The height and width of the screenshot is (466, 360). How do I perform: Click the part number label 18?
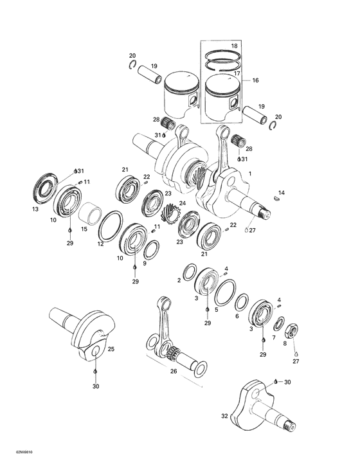(x=234, y=46)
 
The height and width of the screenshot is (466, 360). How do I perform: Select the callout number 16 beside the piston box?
(x=255, y=80)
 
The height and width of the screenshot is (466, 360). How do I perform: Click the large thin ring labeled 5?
(x=225, y=294)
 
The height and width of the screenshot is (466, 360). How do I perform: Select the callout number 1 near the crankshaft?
(x=250, y=174)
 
